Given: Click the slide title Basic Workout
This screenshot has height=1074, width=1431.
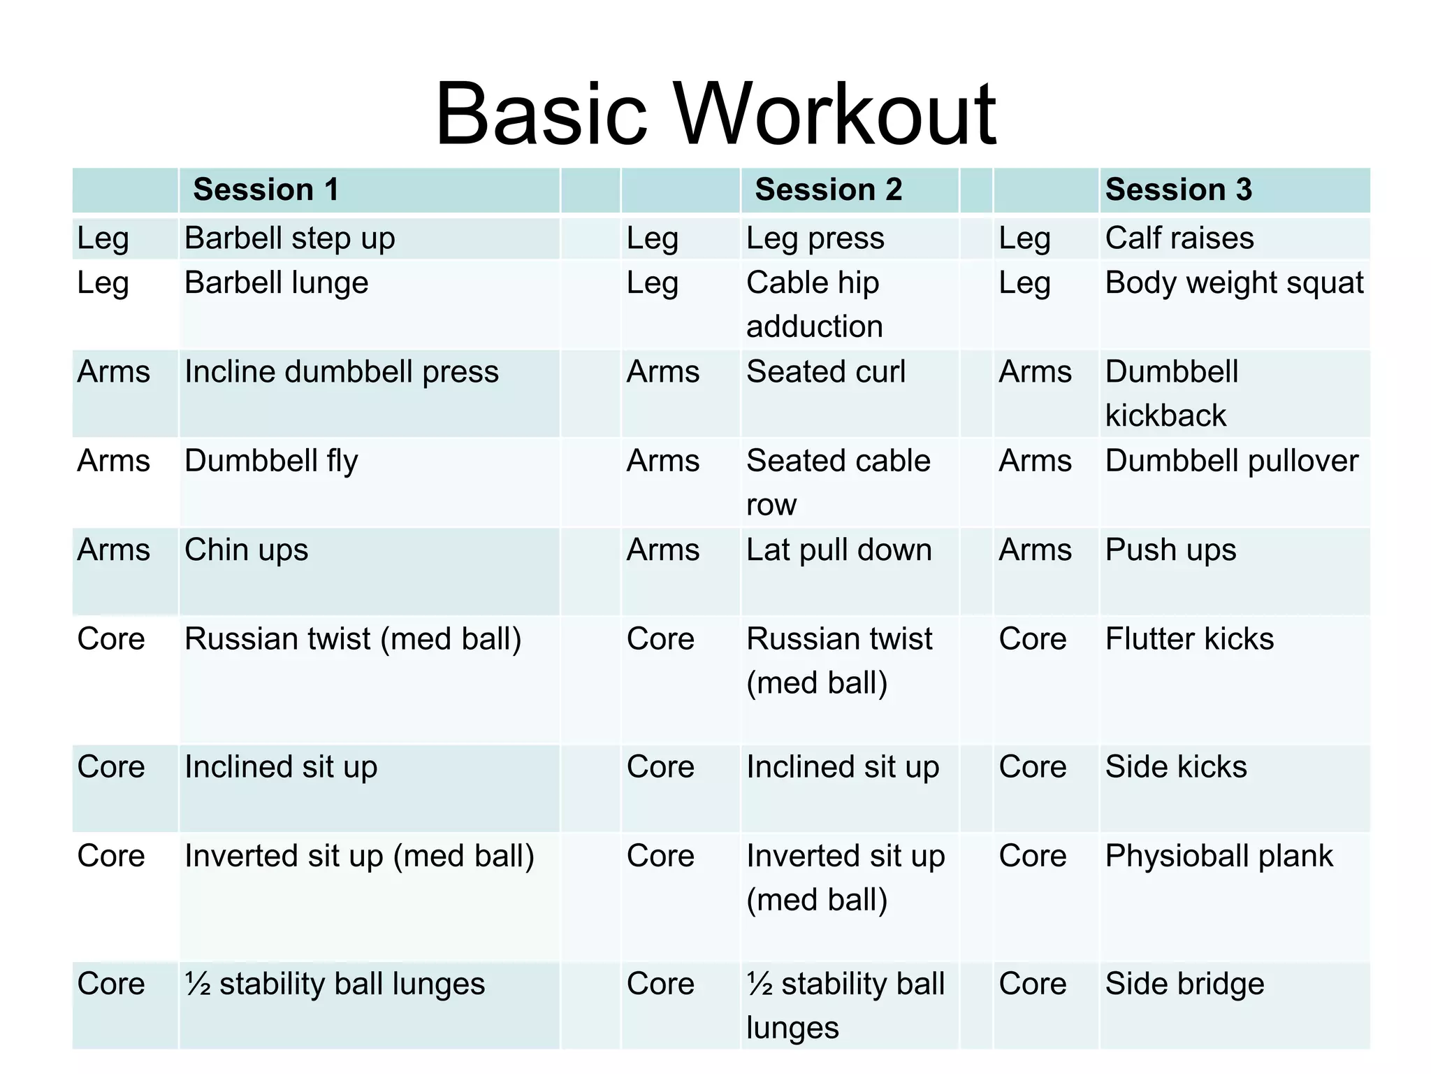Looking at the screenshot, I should (x=715, y=115).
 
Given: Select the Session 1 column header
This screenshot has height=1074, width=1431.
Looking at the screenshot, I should (x=266, y=189).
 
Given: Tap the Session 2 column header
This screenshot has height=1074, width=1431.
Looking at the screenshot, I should (x=829, y=189).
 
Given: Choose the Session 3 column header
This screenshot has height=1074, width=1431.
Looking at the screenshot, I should (x=1179, y=189).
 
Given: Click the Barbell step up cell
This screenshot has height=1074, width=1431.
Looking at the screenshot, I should (x=290, y=238).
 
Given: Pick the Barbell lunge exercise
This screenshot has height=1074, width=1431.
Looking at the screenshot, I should (x=277, y=283).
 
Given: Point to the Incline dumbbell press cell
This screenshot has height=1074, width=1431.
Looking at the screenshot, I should (x=342, y=372).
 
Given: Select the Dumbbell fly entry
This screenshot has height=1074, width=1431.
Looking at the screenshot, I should (x=271, y=461).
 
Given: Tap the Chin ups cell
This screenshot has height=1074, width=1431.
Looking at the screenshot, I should (x=246, y=550).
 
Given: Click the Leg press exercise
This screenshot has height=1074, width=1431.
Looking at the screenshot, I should (x=815, y=238).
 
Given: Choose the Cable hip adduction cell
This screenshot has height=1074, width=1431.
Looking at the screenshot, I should (x=815, y=305).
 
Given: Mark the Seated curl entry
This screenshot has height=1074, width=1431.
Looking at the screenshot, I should (x=826, y=372).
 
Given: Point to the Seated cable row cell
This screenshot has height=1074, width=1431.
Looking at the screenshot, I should (x=838, y=482).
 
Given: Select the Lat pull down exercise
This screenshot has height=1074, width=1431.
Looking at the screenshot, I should (x=839, y=550).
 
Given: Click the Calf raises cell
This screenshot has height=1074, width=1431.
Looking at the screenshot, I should (x=1179, y=238).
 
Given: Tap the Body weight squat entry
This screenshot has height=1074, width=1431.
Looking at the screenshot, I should (x=1234, y=283).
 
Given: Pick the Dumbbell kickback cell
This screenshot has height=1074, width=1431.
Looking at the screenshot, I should (x=1172, y=394).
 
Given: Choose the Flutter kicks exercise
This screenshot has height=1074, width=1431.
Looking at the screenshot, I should (x=1189, y=639).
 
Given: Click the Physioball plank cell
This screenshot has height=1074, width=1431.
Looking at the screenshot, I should (x=1219, y=857).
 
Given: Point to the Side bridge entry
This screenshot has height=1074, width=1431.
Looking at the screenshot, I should (x=1185, y=984).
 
